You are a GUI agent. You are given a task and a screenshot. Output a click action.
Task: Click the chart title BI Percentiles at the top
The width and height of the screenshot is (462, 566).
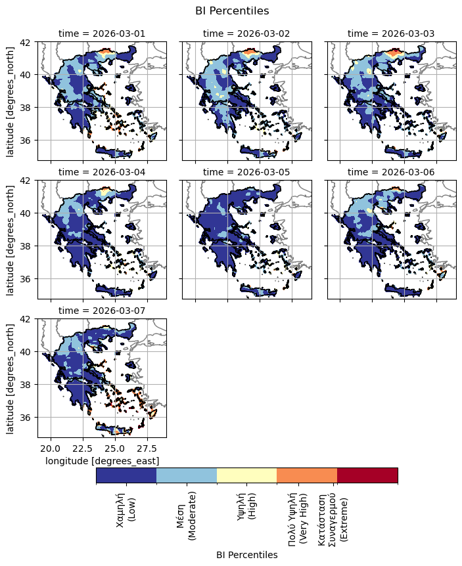(x=232, y=11)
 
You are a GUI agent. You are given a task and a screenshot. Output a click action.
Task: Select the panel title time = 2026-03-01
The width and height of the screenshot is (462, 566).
(x=102, y=33)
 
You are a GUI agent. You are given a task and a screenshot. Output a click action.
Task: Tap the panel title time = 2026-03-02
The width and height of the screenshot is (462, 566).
(x=246, y=33)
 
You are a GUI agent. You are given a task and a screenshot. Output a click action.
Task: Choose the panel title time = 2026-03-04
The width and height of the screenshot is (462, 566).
(x=102, y=172)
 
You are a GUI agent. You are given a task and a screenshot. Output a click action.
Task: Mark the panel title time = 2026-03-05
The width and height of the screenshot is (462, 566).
(x=246, y=172)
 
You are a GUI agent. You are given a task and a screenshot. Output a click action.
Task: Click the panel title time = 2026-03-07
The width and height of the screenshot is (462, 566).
(x=102, y=311)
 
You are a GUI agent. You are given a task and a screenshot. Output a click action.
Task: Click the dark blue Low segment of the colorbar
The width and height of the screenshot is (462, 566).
(x=126, y=475)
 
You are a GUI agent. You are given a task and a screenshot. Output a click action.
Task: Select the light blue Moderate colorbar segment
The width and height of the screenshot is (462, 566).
(x=187, y=475)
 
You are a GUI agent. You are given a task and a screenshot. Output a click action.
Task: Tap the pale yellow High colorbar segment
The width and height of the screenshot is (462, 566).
(x=246, y=475)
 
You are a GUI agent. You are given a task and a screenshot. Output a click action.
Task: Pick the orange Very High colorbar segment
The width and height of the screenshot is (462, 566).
(x=307, y=475)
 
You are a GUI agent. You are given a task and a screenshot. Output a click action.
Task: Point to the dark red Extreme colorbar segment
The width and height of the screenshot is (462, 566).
(x=367, y=475)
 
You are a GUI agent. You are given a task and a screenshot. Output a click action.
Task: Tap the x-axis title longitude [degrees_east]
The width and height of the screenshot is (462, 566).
(x=102, y=462)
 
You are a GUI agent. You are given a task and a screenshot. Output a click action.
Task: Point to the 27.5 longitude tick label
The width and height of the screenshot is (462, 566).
(x=147, y=448)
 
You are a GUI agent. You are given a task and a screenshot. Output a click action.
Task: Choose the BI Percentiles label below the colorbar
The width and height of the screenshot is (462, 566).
(x=246, y=555)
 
